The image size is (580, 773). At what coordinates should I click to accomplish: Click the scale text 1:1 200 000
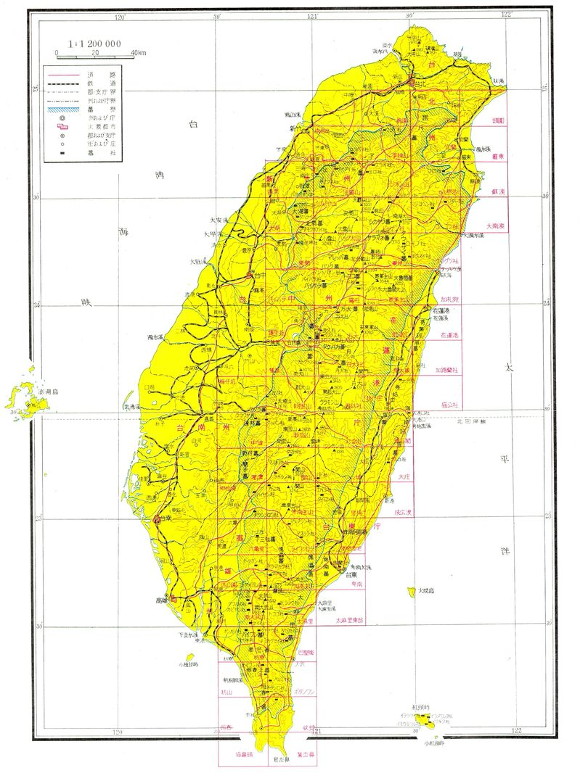94,44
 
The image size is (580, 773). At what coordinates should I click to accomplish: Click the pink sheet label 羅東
497,155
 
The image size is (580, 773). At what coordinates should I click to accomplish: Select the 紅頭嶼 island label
423,706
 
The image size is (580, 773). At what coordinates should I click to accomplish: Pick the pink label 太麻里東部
351,620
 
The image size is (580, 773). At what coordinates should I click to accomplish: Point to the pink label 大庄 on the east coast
404,477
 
